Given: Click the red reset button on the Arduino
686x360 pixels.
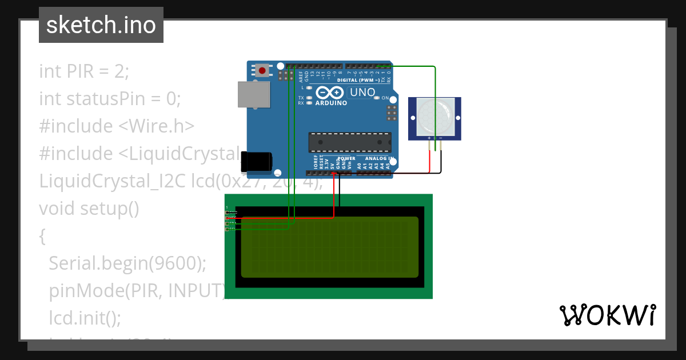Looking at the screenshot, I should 262,71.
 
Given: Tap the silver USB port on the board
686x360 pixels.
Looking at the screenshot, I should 254,94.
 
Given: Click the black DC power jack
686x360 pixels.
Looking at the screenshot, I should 256,162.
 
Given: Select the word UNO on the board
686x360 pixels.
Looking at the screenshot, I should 362,93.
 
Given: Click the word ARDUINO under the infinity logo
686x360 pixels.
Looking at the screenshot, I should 331,103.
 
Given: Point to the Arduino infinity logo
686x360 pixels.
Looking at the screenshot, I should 330,93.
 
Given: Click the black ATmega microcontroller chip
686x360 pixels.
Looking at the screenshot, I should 350,142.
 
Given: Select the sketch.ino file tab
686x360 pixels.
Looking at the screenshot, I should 101,25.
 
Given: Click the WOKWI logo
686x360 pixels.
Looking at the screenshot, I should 607,315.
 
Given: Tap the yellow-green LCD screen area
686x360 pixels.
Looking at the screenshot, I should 330,247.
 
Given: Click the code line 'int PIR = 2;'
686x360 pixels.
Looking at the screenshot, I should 84,71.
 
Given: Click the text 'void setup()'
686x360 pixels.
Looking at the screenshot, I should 89,209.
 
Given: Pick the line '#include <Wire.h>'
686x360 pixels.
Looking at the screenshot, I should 117,126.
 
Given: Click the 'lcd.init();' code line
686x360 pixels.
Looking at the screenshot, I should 85,318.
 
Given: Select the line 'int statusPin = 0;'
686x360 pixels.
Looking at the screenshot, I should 110,99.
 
